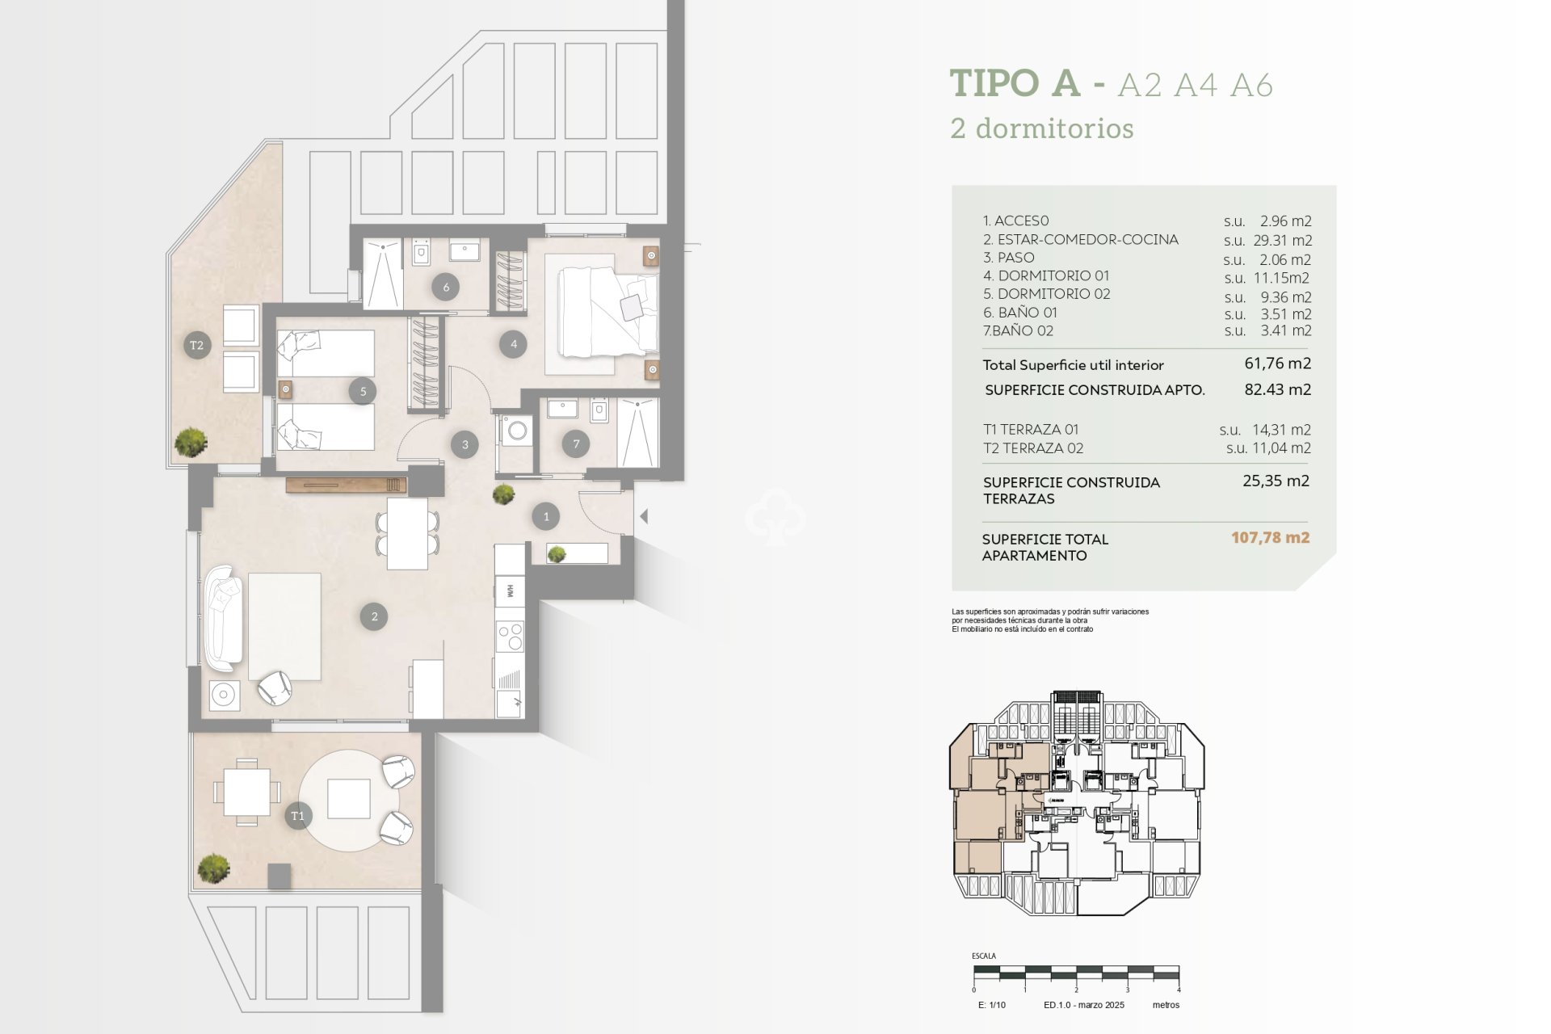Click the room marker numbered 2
tap(374, 616)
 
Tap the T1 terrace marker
tap(297, 816)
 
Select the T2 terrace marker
tap(196, 345)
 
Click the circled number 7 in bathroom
tap(576, 443)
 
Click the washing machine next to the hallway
tap(515, 431)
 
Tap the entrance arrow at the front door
tap(644, 515)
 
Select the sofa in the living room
tap(223, 619)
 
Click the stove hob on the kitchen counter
tap(510, 636)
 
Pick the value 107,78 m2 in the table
tap(1270, 538)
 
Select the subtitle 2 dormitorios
tap(1042, 128)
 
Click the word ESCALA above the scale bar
tap(983, 956)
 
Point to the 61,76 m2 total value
tap(1277, 364)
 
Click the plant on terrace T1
tap(213, 868)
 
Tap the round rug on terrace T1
tap(349, 800)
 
